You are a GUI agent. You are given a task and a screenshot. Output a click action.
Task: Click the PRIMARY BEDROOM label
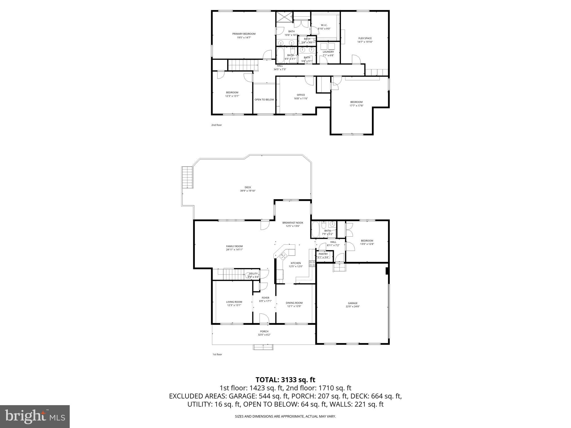[x=244, y=34]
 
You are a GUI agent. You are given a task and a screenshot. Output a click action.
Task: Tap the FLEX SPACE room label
[x=365, y=38]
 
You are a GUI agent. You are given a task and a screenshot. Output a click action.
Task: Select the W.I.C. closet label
[x=324, y=25]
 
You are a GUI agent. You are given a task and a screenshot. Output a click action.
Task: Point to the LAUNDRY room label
[x=328, y=52]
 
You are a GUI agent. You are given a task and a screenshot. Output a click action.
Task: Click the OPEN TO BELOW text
[x=264, y=99]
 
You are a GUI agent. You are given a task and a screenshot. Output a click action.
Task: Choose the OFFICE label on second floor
[x=301, y=95]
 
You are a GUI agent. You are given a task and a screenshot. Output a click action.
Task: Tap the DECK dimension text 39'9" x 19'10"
[x=248, y=191]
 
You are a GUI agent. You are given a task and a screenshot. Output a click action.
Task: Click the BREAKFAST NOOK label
[x=292, y=223]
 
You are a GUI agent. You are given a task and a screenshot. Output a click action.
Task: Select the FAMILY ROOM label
[x=234, y=246]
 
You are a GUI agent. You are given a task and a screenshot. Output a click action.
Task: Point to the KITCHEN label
[x=296, y=263]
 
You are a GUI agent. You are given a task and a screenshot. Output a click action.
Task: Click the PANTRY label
[x=323, y=254]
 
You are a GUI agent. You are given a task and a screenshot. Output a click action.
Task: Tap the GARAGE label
[x=352, y=303]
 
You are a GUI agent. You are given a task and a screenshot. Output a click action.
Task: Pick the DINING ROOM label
[x=294, y=303]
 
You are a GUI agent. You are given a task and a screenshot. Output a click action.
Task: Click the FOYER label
[x=265, y=298]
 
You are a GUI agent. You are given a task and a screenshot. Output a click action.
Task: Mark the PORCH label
[x=264, y=331]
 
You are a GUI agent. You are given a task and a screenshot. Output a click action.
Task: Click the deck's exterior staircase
[x=187, y=177]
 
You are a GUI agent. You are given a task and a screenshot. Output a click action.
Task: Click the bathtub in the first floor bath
[x=316, y=229]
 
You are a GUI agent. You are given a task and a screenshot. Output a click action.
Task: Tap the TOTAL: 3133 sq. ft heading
[x=285, y=380]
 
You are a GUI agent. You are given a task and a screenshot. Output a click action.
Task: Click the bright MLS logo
[x=35, y=416]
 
